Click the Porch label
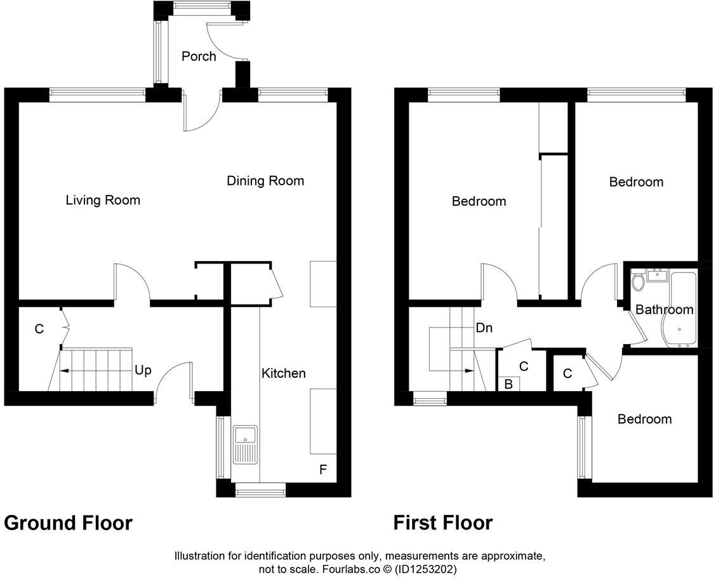coord(199,57)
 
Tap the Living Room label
coord(103,201)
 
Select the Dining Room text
coord(265,181)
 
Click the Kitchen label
coord(284,373)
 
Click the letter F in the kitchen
coord(323,470)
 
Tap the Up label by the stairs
coord(143,369)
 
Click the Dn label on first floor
coord(484,328)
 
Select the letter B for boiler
coord(508,384)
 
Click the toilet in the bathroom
coord(638,281)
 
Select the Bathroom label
coord(664,310)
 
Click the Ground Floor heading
coord(69,523)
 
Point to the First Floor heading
coord(442,523)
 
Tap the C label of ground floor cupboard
coord(39,329)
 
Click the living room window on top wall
coord(97,95)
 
